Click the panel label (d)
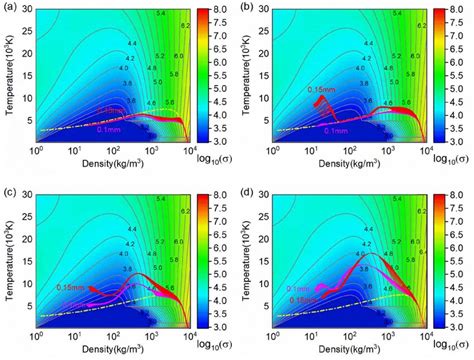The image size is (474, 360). pos(251,186)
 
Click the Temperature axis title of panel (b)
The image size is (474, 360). pos(247,75)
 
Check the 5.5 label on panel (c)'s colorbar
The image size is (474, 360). pos(221,255)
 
